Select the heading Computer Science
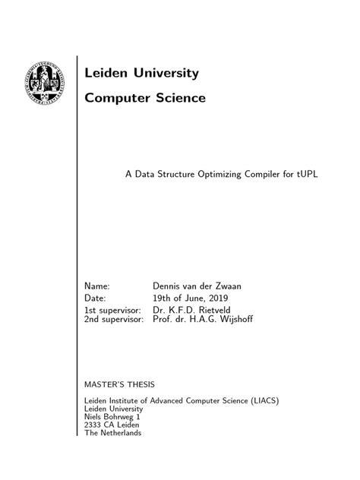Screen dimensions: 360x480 [144, 98]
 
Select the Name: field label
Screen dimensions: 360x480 [97, 286]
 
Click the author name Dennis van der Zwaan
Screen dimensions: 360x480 [197, 286]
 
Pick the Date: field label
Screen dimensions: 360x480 [96, 298]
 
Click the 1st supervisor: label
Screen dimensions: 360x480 [112, 310]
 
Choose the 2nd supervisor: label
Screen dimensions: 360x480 [113, 320]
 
